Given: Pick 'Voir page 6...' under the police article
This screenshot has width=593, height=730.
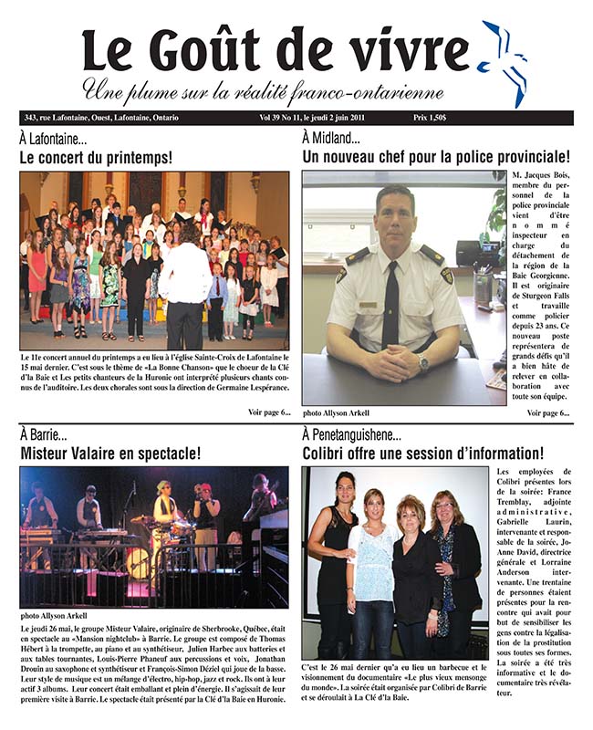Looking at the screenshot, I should [x=548, y=412].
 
